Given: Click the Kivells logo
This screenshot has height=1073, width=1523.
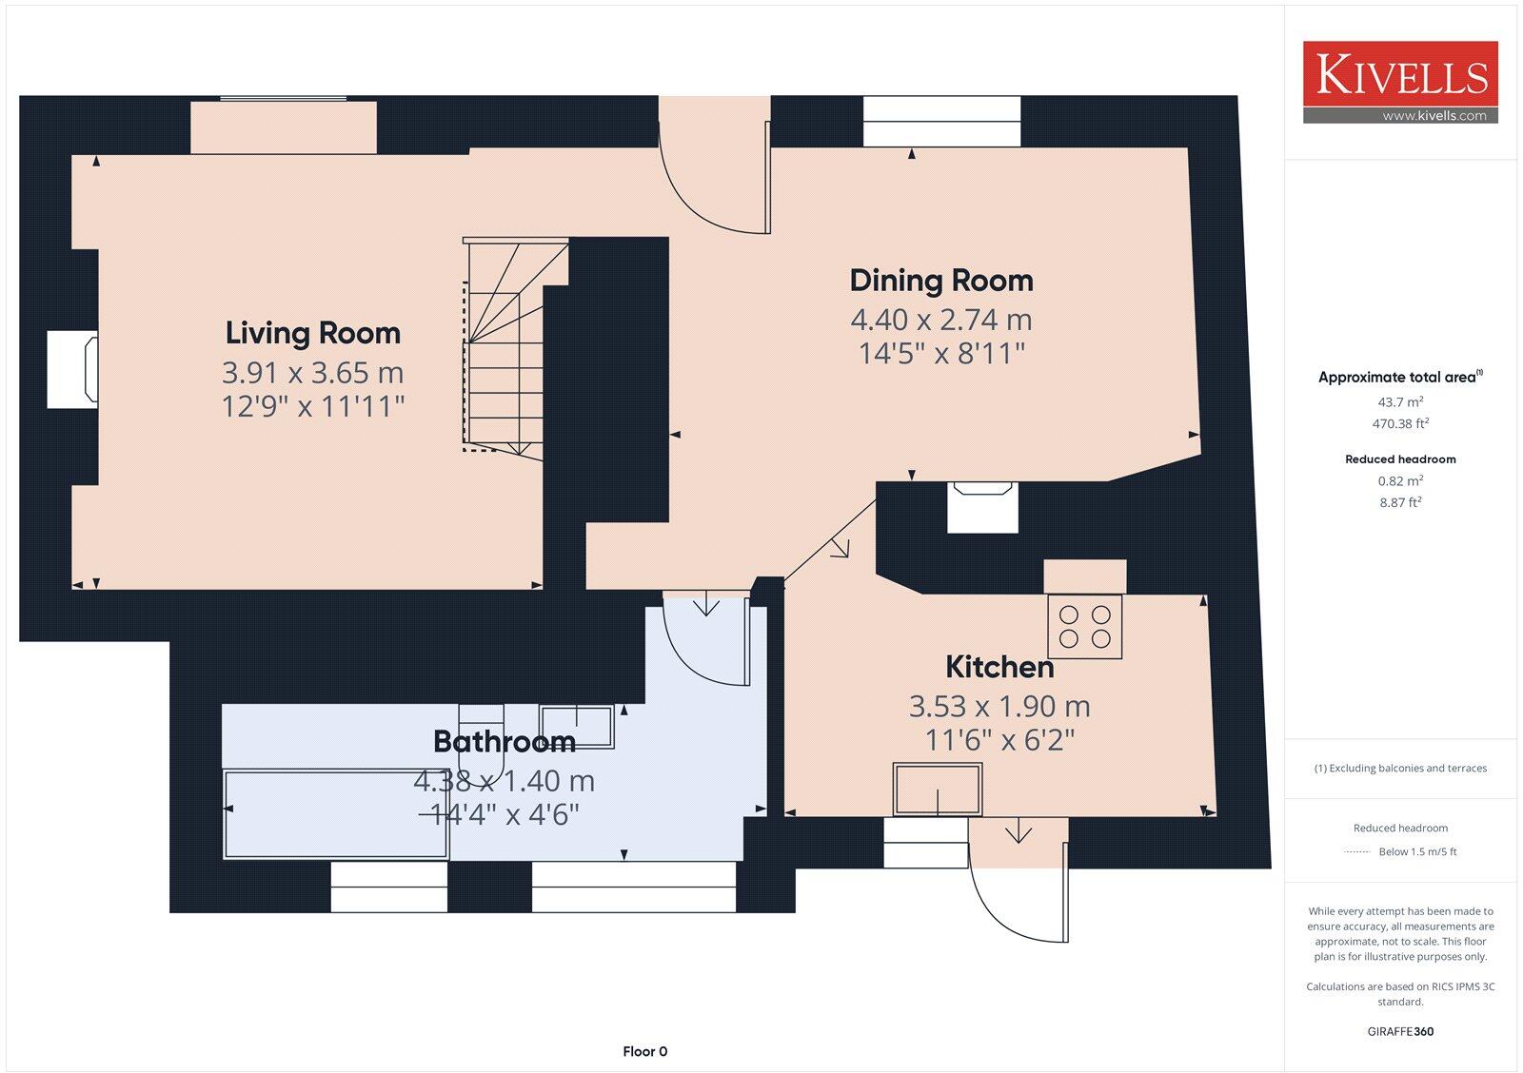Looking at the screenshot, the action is (1400, 82).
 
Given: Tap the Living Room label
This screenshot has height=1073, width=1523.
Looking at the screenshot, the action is (313, 333).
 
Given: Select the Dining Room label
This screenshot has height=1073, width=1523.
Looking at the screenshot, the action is (941, 281).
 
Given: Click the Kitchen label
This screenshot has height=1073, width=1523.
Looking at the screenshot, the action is (999, 668).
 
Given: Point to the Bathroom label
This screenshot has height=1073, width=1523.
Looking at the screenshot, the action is (504, 741).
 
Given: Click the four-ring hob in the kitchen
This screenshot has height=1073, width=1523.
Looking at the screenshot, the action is (1084, 627).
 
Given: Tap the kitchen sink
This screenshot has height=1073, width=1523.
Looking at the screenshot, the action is (938, 789).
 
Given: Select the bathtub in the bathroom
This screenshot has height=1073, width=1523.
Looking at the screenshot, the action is (337, 814).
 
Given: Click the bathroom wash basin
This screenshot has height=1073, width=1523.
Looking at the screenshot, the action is (577, 727).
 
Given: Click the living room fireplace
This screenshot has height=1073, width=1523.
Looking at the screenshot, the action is (72, 370).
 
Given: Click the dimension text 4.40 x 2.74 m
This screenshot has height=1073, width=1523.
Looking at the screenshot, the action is (941, 320).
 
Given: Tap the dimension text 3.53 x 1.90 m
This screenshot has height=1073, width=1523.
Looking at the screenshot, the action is (999, 707).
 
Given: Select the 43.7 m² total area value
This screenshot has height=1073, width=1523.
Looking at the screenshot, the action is (1400, 401).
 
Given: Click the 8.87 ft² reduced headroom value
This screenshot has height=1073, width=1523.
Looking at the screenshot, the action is (1400, 502).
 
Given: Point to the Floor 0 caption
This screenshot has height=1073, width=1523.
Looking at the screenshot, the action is (644, 1051).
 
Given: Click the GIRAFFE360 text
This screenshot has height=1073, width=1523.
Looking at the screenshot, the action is (1400, 1031).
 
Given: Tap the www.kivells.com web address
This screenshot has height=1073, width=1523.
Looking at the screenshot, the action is (1434, 115).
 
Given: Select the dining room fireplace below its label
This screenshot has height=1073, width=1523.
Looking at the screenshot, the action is (983, 507).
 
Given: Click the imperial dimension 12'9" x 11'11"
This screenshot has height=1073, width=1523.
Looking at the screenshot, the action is (313, 406).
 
